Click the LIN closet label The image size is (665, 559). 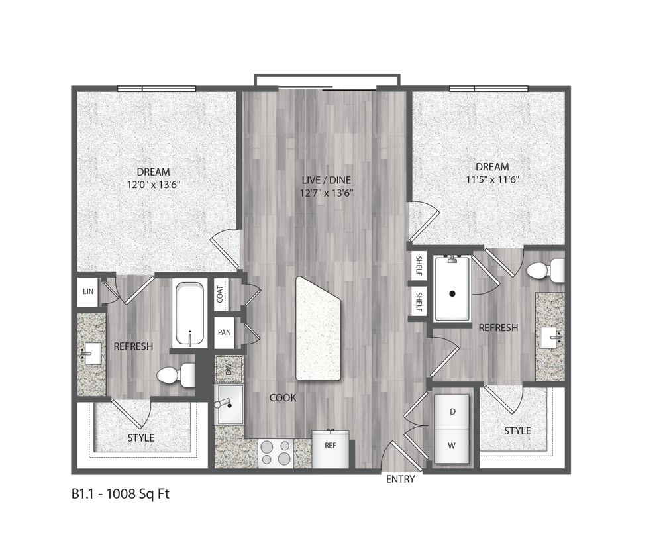click(87, 291)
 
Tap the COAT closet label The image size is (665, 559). click(219, 293)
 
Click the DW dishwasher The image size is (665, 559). click(229, 369)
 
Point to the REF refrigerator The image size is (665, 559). click(330, 446)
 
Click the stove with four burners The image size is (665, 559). click(276, 454)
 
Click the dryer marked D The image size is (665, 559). click(452, 412)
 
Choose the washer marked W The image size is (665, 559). click(452, 446)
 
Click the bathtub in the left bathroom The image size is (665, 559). click(190, 314)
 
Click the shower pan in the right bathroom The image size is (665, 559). click(452, 289)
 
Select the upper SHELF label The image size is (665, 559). click(419, 265)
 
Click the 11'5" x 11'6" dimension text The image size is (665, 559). click(491, 179)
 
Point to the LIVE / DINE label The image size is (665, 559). click(327, 179)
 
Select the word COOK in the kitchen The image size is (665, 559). click(282, 398)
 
